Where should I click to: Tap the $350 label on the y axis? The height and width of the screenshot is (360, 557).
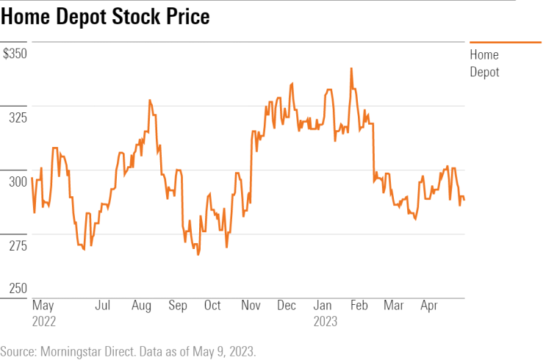(x=15, y=54)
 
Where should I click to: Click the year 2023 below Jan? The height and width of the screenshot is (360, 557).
(x=325, y=321)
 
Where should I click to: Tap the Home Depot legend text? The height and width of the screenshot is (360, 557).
(x=484, y=63)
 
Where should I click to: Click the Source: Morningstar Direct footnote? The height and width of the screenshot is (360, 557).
(x=129, y=350)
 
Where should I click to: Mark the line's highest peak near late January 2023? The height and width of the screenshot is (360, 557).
(x=351, y=68)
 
